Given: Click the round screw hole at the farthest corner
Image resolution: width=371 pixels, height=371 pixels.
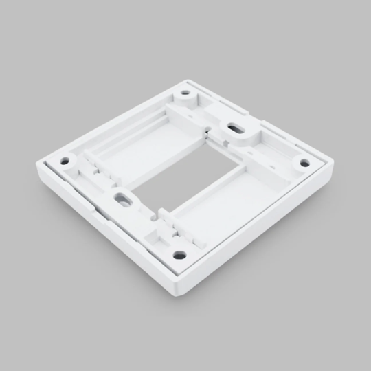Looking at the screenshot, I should tap(185, 93).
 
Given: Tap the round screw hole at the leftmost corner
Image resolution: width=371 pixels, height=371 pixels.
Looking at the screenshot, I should tap(65, 161).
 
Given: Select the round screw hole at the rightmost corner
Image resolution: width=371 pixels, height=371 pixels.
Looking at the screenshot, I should tap(304, 163).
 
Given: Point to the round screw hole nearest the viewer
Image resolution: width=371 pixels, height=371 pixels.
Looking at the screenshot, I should tap(179, 254).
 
